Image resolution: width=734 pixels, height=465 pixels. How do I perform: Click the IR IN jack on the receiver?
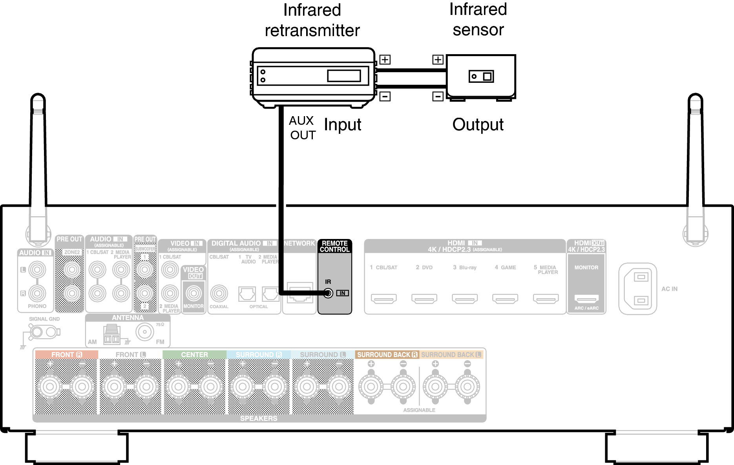(x=328, y=293)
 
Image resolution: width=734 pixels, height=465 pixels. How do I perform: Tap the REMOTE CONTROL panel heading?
(x=334, y=246)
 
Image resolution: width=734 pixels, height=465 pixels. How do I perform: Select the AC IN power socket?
(x=637, y=289)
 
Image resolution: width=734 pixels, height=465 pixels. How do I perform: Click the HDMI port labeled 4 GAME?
(x=505, y=299)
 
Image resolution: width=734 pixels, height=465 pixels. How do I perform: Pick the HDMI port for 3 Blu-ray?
(x=465, y=299)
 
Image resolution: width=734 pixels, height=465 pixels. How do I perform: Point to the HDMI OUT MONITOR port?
(x=586, y=299)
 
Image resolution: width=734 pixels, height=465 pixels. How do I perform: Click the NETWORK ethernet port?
(x=300, y=293)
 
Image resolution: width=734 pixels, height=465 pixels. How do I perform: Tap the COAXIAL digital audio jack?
(x=219, y=293)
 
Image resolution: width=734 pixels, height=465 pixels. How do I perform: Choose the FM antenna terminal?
(x=145, y=332)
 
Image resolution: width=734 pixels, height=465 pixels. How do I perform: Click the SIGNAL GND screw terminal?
(x=37, y=333)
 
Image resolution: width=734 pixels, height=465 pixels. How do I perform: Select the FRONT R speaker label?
(x=66, y=355)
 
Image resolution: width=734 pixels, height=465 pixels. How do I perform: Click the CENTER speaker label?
(x=194, y=355)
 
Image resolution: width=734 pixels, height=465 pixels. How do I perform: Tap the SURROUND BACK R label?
(x=387, y=355)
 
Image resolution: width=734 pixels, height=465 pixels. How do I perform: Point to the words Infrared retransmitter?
(x=312, y=20)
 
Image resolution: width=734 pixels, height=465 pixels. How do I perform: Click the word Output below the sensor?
(x=478, y=125)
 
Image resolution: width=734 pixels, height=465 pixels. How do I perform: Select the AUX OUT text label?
(x=302, y=128)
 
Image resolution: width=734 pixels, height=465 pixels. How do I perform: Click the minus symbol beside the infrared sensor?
(x=438, y=97)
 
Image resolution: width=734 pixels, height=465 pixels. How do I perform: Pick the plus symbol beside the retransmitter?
(x=385, y=60)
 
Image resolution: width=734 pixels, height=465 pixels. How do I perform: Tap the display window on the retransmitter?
(x=344, y=75)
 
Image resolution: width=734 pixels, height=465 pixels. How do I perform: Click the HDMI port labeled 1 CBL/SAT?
(x=384, y=299)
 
